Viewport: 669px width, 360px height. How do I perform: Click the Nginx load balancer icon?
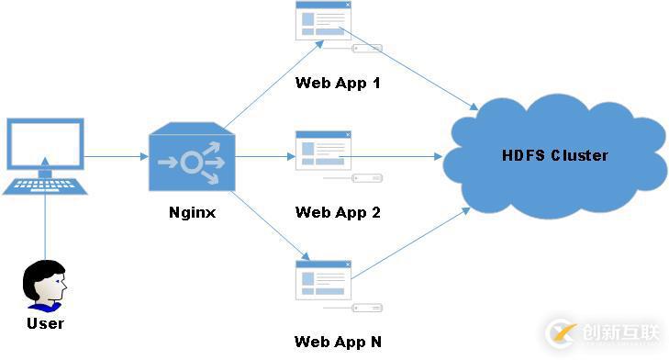pyautogui.click(x=191, y=157)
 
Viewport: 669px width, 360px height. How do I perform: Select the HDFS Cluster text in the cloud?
pyautogui.click(x=555, y=155)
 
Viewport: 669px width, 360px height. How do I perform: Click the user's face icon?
pyautogui.click(x=45, y=285)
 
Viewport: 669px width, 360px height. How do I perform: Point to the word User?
pyautogui.click(x=45, y=323)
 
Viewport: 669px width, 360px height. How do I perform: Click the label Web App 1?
pyautogui.click(x=337, y=83)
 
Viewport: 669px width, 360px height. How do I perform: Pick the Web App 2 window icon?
pyautogui.click(x=322, y=150)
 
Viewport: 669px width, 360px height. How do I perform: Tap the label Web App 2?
pyautogui.click(x=337, y=212)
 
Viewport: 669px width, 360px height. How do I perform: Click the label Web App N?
pyautogui.click(x=337, y=342)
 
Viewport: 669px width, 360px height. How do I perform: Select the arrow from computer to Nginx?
pyautogui.click(x=116, y=157)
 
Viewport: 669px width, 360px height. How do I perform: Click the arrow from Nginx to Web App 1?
pyautogui.click(x=271, y=82)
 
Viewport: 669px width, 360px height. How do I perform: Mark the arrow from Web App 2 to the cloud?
pyautogui.click(x=395, y=157)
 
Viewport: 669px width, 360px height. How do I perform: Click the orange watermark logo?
pyautogui.click(x=563, y=332)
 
